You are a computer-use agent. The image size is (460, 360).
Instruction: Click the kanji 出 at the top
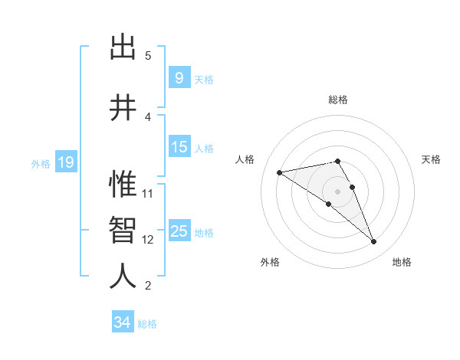(123, 47)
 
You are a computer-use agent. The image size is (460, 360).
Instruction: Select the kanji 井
(123, 108)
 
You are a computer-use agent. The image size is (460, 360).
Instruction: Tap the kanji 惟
(123, 184)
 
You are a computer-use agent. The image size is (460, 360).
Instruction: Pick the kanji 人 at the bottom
(123, 277)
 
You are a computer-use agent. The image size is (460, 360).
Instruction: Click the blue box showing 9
(179, 78)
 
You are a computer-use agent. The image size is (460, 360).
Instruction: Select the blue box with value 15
(179, 147)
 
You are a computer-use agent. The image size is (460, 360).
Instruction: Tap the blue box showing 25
(179, 231)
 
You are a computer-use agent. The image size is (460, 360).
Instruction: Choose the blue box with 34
(123, 322)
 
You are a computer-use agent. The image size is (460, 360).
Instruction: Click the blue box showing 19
(65, 162)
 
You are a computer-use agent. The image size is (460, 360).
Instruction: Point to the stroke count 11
(148, 193)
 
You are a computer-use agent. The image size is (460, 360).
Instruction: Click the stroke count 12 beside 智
(148, 239)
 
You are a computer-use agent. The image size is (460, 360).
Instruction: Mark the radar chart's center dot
(337, 191)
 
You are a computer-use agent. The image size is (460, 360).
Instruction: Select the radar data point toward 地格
(373, 242)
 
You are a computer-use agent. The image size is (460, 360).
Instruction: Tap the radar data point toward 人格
(280, 172)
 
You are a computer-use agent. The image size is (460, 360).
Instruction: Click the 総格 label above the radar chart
(337, 100)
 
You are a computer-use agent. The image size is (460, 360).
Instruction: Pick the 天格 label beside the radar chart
(431, 159)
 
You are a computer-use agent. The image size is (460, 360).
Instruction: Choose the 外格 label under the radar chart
(270, 262)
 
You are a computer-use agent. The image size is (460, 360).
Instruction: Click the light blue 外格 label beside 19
(40, 163)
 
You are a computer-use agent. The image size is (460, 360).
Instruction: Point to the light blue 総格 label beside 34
(147, 324)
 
